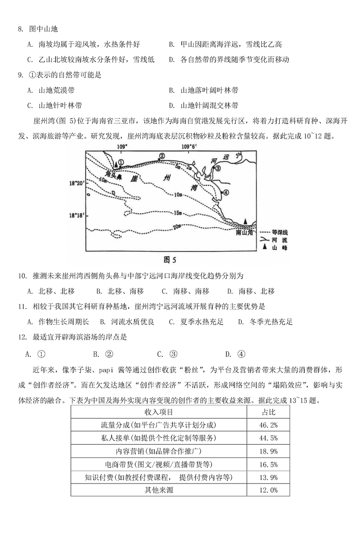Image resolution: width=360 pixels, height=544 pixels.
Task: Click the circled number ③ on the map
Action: [x=218, y=169]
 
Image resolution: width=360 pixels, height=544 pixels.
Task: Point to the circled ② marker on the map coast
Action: [x=162, y=156]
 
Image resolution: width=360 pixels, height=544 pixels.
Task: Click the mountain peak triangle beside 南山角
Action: [x=246, y=221]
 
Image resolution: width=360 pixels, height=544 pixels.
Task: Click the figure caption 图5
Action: [x=170, y=260]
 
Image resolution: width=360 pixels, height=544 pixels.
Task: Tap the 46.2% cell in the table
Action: [x=268, y=425]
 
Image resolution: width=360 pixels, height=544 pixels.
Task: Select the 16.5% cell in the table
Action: [x=268, y=464]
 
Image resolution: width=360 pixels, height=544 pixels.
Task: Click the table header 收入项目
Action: [x=159, y=412]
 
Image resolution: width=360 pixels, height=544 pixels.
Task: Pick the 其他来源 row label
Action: [x=159, y=490]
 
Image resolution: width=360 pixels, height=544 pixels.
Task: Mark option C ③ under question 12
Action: [x=167, y=354]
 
